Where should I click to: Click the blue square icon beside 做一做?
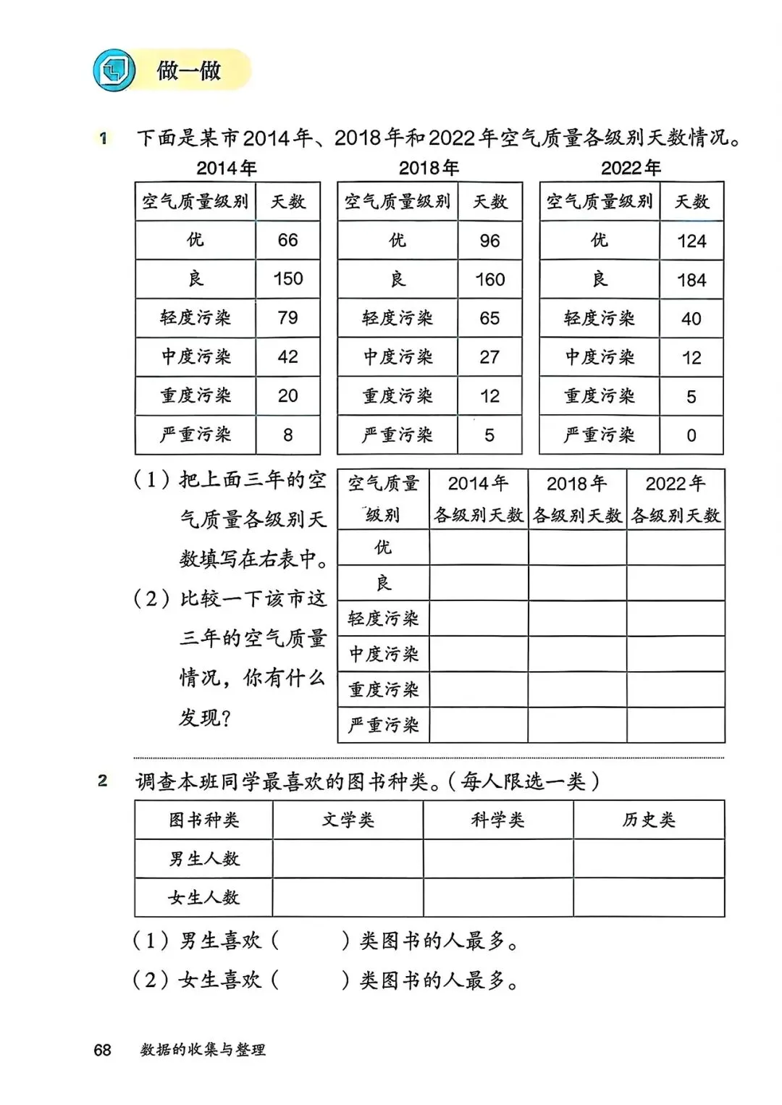[114, 70]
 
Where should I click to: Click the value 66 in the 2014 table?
[287, 240]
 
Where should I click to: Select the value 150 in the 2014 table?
[287, 279]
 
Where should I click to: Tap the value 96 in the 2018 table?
[489, 241]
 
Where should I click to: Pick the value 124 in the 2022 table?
[691, 241]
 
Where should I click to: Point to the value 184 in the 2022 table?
[691, 280]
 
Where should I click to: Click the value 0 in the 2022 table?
[691, 435]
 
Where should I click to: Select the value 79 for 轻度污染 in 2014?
[287, 318]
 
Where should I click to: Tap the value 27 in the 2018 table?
[489, 357]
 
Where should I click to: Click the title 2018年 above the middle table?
[429, 168]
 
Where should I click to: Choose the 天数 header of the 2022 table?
[691, 201]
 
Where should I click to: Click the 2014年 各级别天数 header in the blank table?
[479, 499]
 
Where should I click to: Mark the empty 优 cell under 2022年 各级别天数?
[676, 547]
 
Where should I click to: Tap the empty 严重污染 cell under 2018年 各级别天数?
[577, 725]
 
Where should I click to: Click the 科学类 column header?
[498, 820]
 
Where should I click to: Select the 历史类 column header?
[649, 820]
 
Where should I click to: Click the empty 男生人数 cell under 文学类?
[348, 859]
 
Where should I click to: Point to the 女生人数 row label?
[203, 898]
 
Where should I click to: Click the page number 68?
[102, 1049]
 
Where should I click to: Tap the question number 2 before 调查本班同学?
[103, 781]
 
